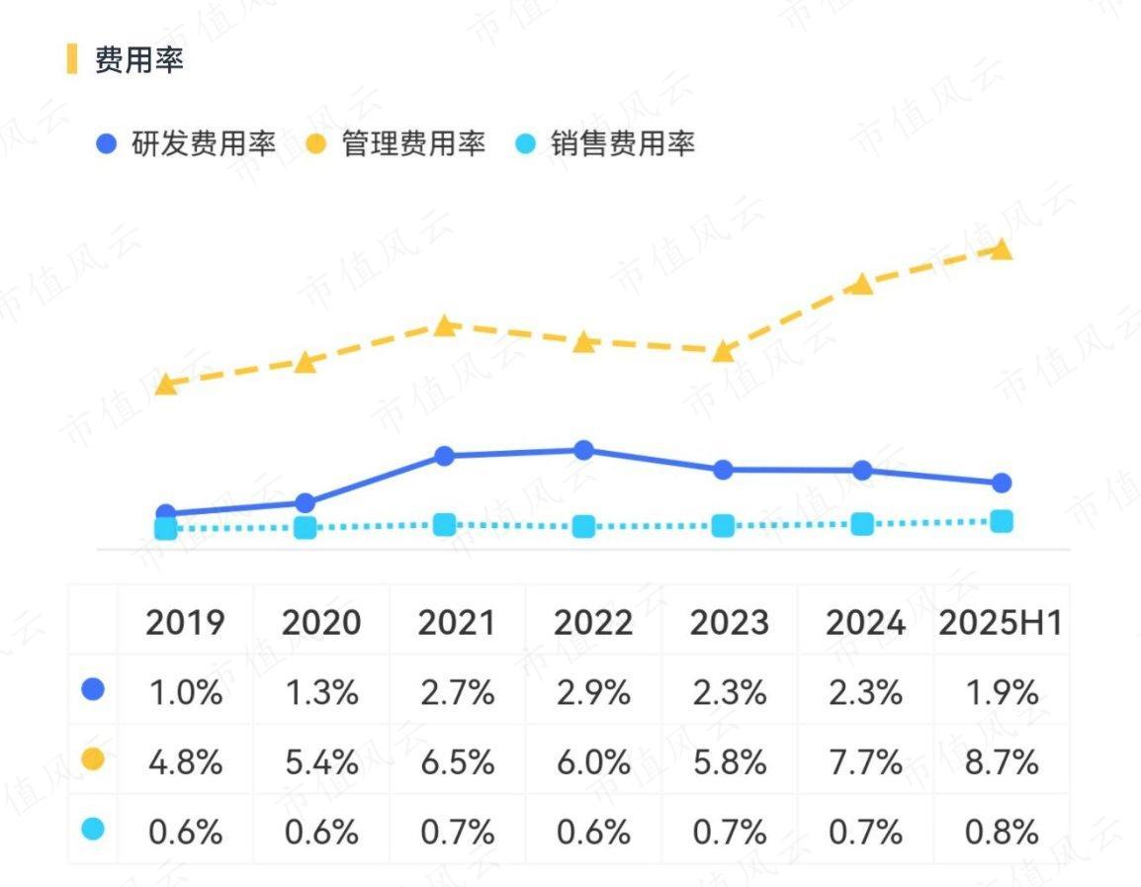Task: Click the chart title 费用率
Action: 139,60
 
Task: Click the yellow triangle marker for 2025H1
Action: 1002,249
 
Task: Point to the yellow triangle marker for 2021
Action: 445,325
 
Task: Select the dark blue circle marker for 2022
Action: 584,451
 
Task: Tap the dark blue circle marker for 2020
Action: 306,503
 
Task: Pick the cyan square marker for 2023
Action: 724,526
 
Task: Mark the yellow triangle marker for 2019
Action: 166,384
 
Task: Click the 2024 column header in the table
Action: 865,623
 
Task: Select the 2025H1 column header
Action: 1000,623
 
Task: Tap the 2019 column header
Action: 185,623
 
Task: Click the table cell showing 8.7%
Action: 1002,762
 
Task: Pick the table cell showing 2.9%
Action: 593,692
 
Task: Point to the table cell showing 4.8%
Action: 185,762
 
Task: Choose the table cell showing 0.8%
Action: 1002,832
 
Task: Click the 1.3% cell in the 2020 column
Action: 321,692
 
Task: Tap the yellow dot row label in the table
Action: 93,759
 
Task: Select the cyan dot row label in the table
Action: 93,830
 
